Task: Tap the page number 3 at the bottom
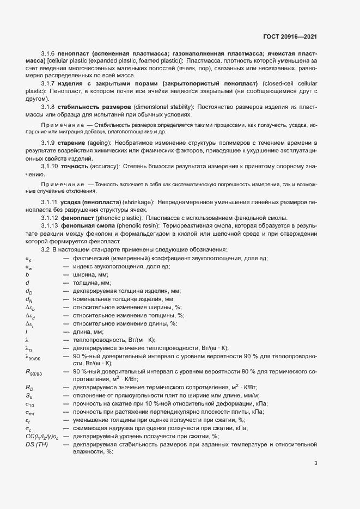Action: [x=315, y=463]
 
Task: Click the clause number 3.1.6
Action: [x=48, y=53]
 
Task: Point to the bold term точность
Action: [x=75, y=165]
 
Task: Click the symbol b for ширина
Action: [x=27, y=275]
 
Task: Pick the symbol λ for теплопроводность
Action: [x=27, y=339]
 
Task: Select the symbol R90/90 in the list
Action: [x=33, y=372]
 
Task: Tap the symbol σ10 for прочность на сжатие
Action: [x=30, y=404]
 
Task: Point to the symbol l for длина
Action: [x=26, y=332]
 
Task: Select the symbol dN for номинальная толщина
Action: [x=29, y=299]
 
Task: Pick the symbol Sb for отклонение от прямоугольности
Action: [x=29, y=396]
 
